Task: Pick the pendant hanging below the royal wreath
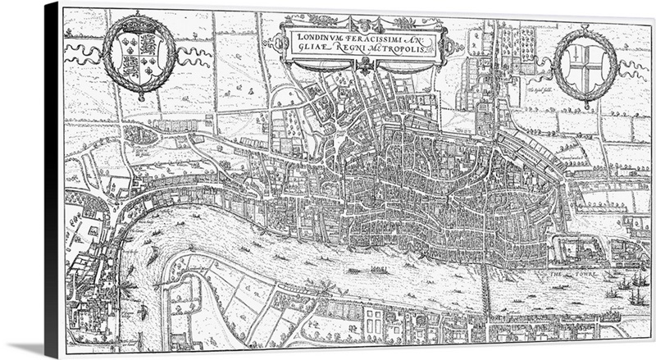pyautogui.click(x=140, y=98)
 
